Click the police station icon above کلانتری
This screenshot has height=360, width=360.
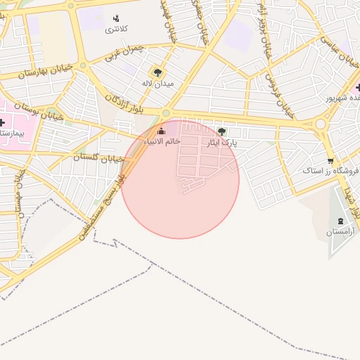pos(116,18)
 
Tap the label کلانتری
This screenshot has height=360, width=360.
pos(116,30)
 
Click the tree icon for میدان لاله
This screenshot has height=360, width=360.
pos(157,72)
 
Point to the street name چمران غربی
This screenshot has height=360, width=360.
pos(127,49)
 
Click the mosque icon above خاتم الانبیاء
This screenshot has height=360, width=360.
pos(162,130)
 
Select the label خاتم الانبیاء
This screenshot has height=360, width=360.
pos(163,141)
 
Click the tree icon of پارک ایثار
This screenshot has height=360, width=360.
pos(222,131)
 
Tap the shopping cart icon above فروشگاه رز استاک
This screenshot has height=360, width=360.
pos(330,160)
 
